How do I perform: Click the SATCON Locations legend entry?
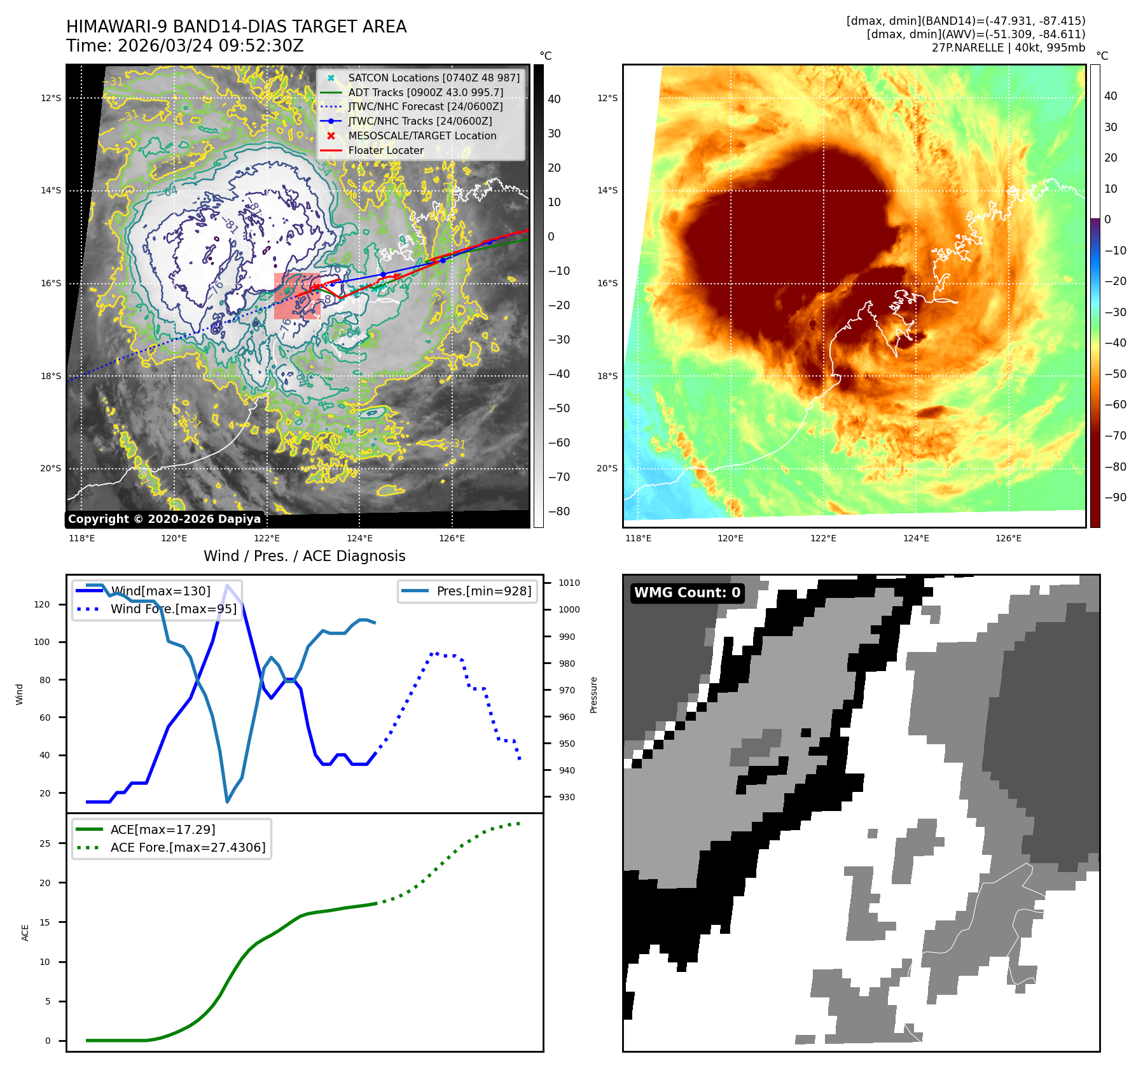[433, 78]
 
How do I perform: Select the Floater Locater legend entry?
[385, 150]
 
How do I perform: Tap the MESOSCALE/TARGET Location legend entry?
[422, 135]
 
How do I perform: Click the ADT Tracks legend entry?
[425, 92]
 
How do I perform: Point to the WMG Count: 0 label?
[687, 593]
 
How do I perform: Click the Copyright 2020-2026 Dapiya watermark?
[164, 519]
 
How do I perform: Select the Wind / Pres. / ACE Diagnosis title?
[304, 556]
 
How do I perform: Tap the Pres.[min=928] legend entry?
[483, 591]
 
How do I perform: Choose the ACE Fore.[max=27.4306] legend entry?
[188, 847]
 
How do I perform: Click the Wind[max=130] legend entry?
[160, 591]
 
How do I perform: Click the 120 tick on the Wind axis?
[42, 604]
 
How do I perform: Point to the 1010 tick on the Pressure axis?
[569, 583]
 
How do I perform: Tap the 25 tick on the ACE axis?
[45, 843]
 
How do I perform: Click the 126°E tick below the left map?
[452, 538]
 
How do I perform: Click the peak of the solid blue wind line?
[227, 585]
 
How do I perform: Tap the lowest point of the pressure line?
[227, 801]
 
